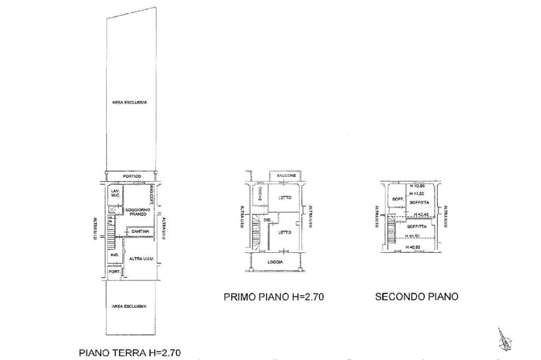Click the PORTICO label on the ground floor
(132, 176)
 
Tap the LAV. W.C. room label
(115, 193)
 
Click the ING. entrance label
(114, 255)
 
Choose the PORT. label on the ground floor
(113, 272)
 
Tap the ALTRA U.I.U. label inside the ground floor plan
(141, 259)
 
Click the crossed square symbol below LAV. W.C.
(111, 210)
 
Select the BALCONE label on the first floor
(285, 175)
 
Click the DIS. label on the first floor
(267, 220)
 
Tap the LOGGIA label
(275, 262)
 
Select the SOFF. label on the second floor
(397, 199)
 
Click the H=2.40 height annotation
(421, 214)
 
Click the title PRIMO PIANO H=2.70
(274, 297)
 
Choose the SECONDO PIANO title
(416, 297)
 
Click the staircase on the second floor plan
(391, 230)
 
